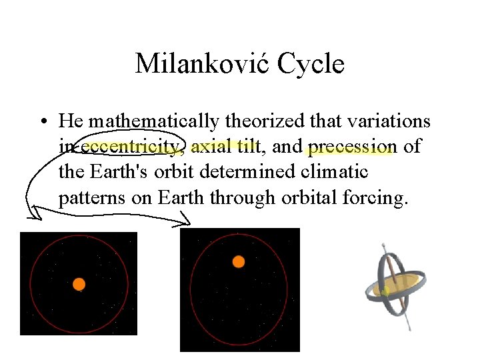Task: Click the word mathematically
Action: [154, 121]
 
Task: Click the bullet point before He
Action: [42, 122]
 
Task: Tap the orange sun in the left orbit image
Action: [79, 284]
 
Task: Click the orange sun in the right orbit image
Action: [238, 261]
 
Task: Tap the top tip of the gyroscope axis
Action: [385, 246]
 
